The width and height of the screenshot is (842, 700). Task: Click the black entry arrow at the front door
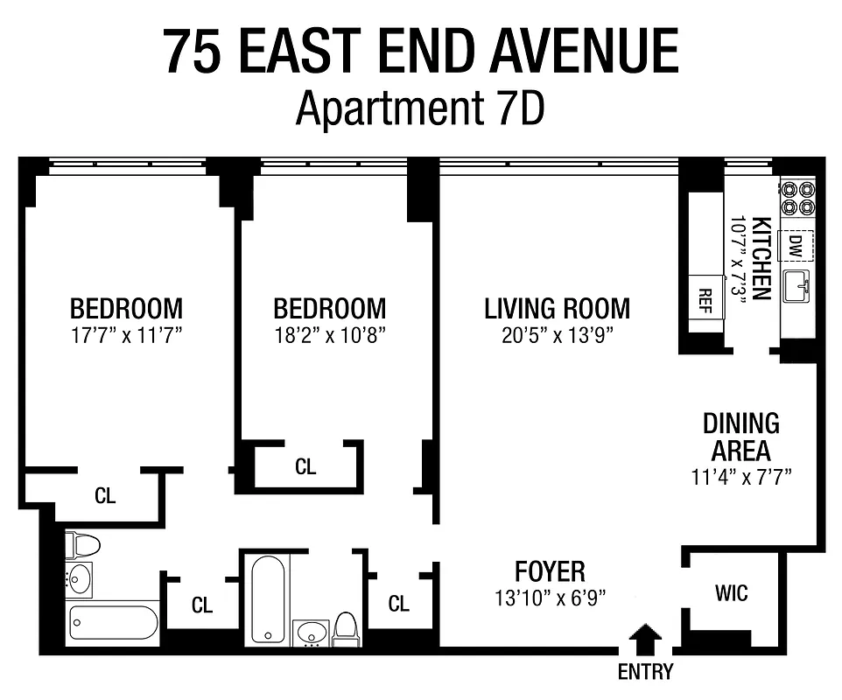(x=646, y=638)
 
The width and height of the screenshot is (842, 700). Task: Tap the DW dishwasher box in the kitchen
(x=796, y=246)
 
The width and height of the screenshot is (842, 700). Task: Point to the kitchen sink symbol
(x=797, y=285)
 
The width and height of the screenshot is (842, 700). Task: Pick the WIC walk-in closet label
(x=731, y=593)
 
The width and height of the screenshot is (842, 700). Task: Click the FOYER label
(x=550, y=571)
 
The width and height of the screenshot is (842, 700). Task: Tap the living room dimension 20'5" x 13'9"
(x=558, y=335)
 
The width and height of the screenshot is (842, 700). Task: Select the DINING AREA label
(x=740, y=437)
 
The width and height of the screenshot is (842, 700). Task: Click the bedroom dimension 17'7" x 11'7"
(x=126, y=335)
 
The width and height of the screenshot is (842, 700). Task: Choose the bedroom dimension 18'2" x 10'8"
(x=329, y=335)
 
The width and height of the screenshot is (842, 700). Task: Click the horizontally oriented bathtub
(x=114, y=622)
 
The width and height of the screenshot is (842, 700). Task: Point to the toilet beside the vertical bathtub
(x=345, y=627)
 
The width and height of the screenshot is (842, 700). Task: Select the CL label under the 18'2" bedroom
(x=305, y=467)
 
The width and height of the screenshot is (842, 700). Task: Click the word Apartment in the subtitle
(x=386, y=108)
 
